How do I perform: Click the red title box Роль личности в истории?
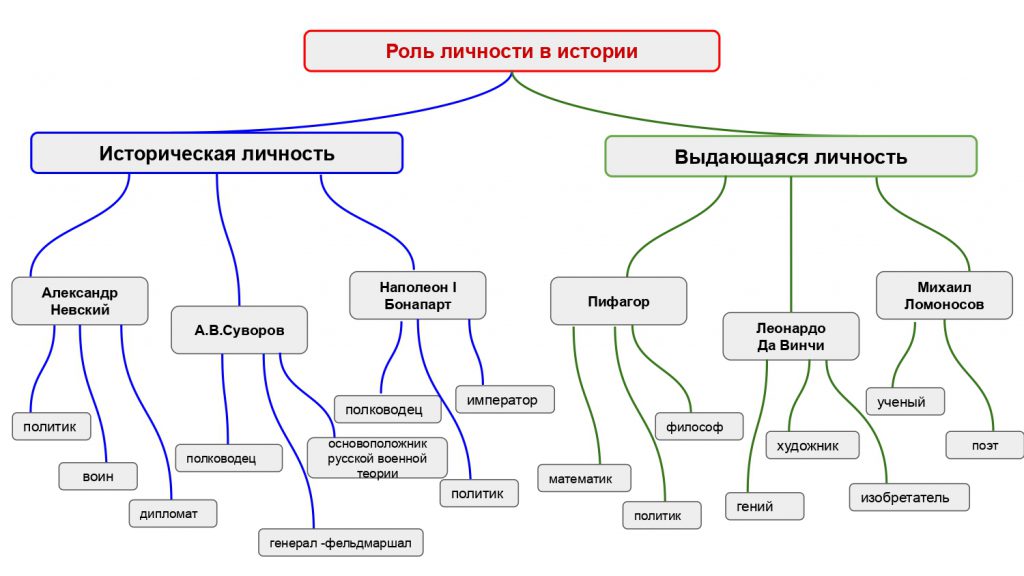(x=511, y=51)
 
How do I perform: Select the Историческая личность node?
(x=216, y=154)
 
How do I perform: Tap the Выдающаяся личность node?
(x=790, y=157)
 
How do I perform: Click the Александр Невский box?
(x=80, y=301)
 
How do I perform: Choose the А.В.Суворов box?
(x=239, y=330)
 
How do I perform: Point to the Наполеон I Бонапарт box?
(x=418, y=295)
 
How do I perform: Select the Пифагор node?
(x=618, y=301)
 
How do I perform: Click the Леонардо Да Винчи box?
(x=791, y=336)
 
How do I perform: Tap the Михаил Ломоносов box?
(x=936, y=296)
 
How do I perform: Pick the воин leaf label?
(x=98, y=476)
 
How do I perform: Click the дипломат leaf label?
(x=172, y=514)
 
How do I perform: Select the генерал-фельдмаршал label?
(x=340, y=542)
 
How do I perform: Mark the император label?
(x=505, y=400)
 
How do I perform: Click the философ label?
(x=699, y=426)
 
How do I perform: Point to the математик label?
(x=584, y=479)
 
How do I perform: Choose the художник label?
(x=812, y=445)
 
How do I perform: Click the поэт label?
(x=984, y=444)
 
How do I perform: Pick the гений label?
(x=764, y=506)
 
